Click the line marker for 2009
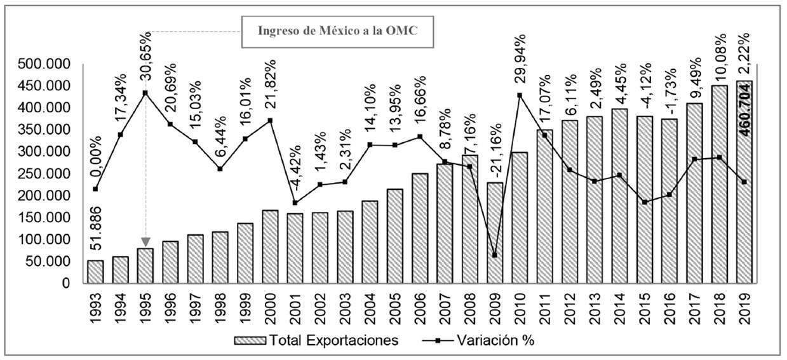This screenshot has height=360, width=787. [x=494, y=255]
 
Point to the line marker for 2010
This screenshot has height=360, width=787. [x=520, y=95]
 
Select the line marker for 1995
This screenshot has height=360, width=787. [x=145, y=93]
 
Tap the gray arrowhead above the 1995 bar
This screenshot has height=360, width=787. [x=145, y=241]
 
